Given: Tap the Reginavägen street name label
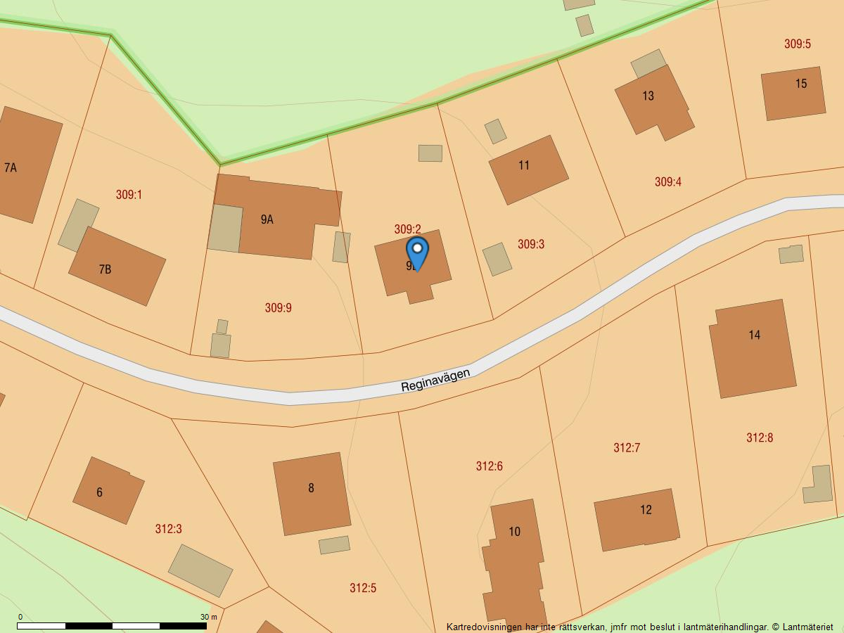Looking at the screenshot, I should [435, 381].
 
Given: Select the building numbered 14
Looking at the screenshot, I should [753, 348].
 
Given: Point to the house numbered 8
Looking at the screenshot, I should [312, 493].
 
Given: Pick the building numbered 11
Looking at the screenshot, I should [528, 170].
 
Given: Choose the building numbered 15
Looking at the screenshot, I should [793, 93].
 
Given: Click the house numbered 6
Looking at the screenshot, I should [108, 490].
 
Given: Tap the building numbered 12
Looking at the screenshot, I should [637, 519].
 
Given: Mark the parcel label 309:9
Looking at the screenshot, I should [278, 307].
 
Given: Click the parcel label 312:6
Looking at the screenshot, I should [489, 466].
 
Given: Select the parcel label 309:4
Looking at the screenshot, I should [667, 181].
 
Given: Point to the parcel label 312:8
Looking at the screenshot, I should [759, 437].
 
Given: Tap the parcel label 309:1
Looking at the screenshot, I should [129, 194].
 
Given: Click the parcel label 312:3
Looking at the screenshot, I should [168, 529].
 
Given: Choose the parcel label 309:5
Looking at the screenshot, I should [797, 44].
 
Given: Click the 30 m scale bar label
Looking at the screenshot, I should [208, 617].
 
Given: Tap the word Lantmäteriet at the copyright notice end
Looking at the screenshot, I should [807, 627].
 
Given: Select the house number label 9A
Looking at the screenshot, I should [267, 219].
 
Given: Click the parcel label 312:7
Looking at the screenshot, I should [626, 447].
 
